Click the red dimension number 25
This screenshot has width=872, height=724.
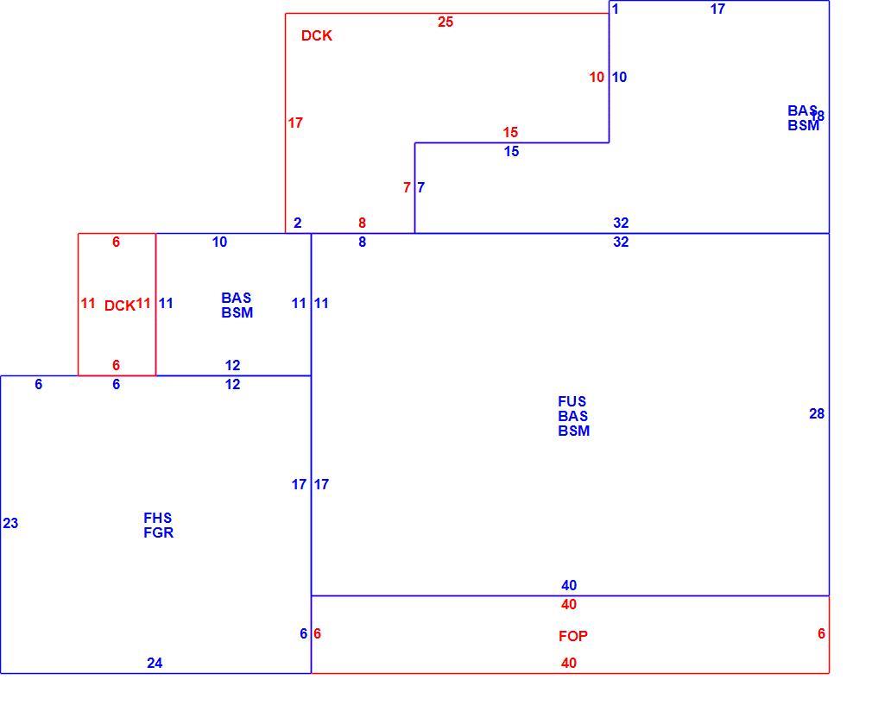(x=445, y=22)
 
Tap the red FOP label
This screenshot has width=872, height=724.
(x=572, y=636)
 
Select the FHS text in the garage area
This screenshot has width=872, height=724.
(x=157, y=518)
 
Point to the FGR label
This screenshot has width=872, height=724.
(x=159, y=532)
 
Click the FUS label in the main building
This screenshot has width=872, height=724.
(x=572, y=401)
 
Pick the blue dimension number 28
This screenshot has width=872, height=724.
(x=817, y=413)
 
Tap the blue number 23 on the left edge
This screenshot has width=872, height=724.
(x=10, y=523)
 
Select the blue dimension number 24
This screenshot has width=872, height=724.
(x=155, y=663)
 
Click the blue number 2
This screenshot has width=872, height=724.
(x=298, y=223)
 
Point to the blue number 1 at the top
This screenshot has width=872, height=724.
(x=615, y=9)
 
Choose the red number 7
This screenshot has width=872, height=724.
(x=408, y=188)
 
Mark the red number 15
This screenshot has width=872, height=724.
(x=510, y=132)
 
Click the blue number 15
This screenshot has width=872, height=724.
(x=511, y=151)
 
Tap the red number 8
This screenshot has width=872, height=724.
(x=362, y=223)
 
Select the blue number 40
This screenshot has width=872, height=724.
(x=569, y=585)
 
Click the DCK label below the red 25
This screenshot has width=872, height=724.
(x=317, y=35)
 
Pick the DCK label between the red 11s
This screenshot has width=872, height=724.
(x=119, y=305)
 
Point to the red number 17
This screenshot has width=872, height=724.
(x=295, y=123)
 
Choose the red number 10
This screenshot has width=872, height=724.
(x=597, y=78)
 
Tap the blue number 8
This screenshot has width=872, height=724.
(x=362, y=242)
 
